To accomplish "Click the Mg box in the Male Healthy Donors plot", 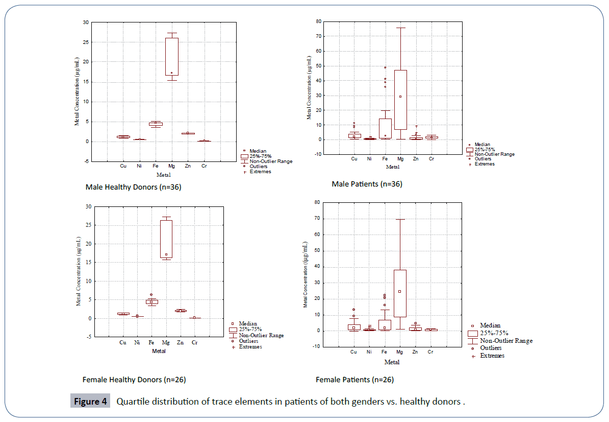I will tap(171, 57).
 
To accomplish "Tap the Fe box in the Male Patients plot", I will tap(385, 128).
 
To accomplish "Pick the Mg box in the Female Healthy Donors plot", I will tap(166, 239).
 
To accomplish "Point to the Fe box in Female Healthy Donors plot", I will tap(151, 301).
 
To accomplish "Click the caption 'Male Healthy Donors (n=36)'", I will tap(133, 187).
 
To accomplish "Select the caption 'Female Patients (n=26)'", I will tap(354, 380).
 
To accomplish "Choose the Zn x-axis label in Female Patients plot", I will tap(415, 352).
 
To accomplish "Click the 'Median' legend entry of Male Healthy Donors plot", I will tap(257, 151).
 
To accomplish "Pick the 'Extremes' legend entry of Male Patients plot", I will tap(484, 163).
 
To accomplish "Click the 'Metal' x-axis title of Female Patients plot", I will tap(392, 362).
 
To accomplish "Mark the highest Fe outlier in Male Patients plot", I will tap(385, 67).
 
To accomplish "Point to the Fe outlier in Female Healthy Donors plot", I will tap(151, 295).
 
